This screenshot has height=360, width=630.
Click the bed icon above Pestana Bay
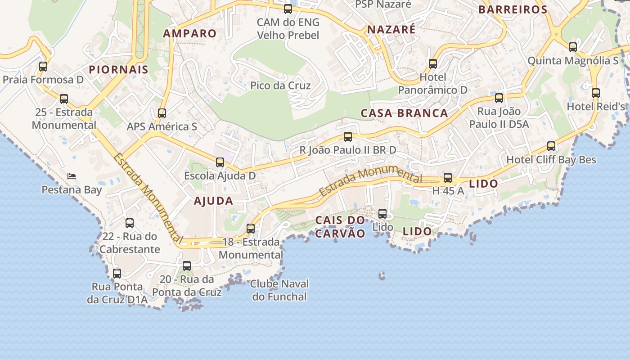click(71, 176)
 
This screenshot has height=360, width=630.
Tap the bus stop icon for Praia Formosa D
click(43, 67)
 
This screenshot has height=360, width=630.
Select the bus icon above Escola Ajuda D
click(220, 162)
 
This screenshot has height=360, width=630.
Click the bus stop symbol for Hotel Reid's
click(596, 93)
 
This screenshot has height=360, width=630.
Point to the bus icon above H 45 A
click(448, 178)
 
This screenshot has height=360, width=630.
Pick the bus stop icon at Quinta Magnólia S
click(573, 47)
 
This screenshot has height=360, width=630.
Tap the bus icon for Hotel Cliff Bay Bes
click(551, 146)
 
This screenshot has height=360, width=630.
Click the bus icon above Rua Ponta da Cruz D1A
click(117, 273)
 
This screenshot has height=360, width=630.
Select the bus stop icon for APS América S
click(162, 113)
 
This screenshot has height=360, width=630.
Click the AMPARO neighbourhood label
click(190, 33)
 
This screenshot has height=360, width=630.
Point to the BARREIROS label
click(513, 9)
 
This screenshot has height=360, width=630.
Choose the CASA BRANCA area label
click(405, 113)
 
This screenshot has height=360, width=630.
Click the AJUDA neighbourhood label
click(213, 201)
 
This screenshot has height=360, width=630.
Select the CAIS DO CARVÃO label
click(340, 226)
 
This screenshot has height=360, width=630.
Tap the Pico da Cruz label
click(280, 85)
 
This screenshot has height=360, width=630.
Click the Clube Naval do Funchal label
click(279, 290)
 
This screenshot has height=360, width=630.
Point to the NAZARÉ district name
click(391, 30)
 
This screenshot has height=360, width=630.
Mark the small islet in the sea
click(382, 275)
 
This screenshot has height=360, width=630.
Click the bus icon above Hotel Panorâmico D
click(433, 64)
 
